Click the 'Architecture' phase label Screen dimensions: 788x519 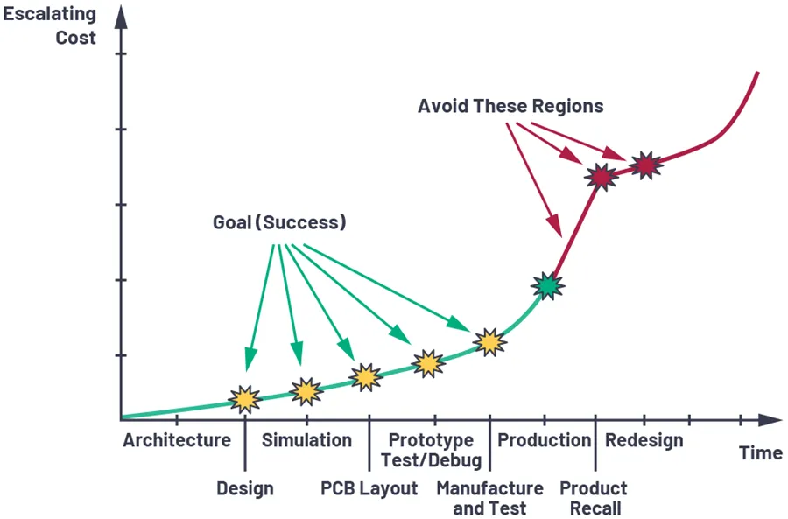pyautogui.click(x=177, y=440)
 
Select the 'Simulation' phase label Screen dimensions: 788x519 pyautogui.click(x=306, y=440)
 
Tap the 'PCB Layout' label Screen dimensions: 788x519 pyautogui.click(x=369, y=488)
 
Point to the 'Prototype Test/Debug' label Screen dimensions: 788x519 pyautogui.click(x=431, y=450)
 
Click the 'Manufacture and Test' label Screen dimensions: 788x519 pyautogui.click(x=490, y=498)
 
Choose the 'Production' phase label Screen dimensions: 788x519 pyautogui.click(x=545, y=440)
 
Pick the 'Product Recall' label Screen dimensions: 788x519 pyautogui.click(x=594, y=498)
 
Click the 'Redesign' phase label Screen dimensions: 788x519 pyautogui.click(x=644, y=440)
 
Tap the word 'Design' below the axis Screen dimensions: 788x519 pyautogui.click(x=245, y=488)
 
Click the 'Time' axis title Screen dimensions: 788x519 pyautogui.click(x=760, y=452)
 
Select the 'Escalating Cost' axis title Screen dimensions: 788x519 pyautogui.click(x=49, y=25)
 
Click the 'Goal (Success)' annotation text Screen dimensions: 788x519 pyautogui.click(x=279, y=222)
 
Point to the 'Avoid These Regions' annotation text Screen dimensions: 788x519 pyautogui.click(x=510, y=106)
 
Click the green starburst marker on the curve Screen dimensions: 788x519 pyautogui.click(x=548, y=286)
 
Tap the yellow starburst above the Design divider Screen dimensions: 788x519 pyautogui.click(x=245, y=400)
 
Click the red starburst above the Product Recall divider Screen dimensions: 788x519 pyautogui.click(x=602, y=177)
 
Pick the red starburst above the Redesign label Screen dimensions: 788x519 pyautogui.click(x=646, y=165)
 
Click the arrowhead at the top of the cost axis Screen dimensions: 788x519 pyautogui.click(x=121, y=16)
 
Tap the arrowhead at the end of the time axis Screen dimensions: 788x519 pyautogui.click(x=770, y=420)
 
